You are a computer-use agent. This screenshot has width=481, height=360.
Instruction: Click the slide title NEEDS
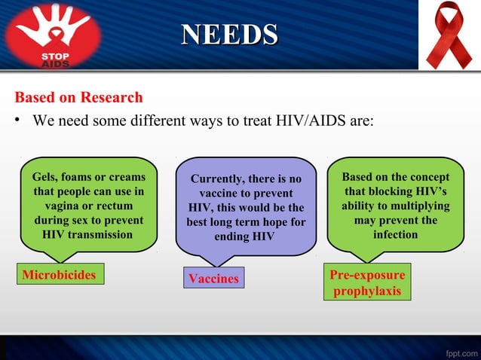click(x=230, y=35)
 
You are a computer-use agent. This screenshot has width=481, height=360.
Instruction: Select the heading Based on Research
click(x=78, y=98)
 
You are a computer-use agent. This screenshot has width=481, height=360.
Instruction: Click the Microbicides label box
click(x=60, y=275)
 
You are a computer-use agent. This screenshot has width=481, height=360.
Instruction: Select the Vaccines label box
click(x=213, y=279)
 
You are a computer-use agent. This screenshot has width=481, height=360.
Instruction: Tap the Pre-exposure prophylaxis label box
click(x=367, y=282)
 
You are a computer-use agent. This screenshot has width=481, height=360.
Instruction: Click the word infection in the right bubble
click(x=395, y=234)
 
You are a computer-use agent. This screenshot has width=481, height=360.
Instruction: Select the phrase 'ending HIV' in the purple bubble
click(x=245, y=236)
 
